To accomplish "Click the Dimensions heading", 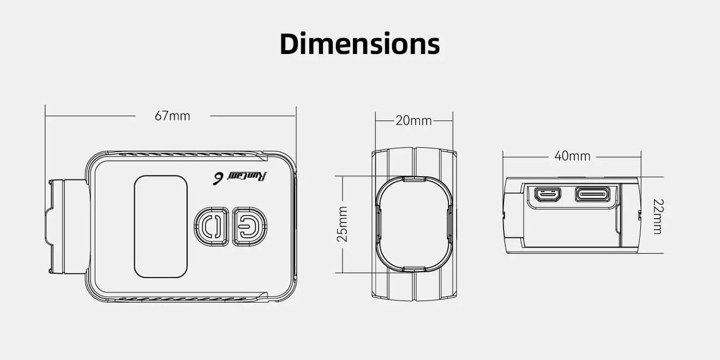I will click(x=359, y=44).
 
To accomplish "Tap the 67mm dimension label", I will click(x=172, y=116).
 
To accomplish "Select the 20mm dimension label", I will click(x=413, y=121).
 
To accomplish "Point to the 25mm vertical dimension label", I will click(x=343, y=224).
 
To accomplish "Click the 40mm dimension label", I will click(x=572, y=156).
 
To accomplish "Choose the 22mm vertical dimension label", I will click(x=657, y=216).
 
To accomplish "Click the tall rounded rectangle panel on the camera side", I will click(x=161, y=226).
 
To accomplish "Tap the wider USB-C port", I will click(x=593, y=194).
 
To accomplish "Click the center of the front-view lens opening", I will click(x=413, y=224).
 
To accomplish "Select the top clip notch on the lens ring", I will click(x=413, y=178).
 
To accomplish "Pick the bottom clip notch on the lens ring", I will click(x=413, y=269).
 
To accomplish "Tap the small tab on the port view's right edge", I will click(x=639, y=216).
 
